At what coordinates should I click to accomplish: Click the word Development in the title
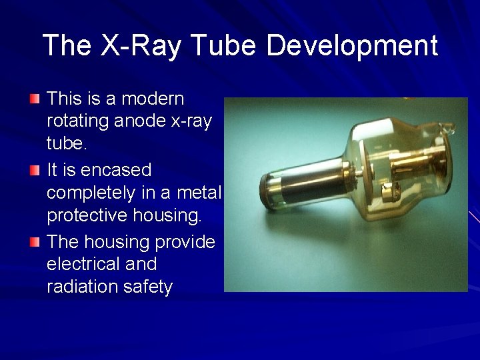coord(351,46)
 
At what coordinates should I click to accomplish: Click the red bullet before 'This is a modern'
coord(35,99)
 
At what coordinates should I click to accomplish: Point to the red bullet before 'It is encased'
coord(35,171)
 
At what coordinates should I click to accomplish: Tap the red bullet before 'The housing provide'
coord(35,242)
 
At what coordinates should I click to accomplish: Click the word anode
coord(141,121)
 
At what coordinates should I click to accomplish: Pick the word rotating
coord(78,121)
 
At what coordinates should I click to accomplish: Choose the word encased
coord(116,170)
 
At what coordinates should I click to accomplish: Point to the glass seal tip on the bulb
coord(449,127)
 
